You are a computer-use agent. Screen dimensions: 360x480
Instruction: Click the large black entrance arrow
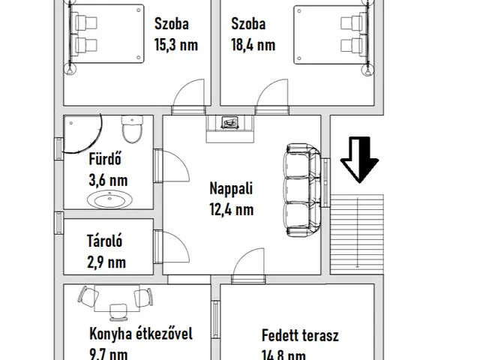(x=360, y=159)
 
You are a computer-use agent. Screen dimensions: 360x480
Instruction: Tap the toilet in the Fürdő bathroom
(x=132, y=130)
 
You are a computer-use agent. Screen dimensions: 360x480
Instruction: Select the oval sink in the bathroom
(x=111, y=199)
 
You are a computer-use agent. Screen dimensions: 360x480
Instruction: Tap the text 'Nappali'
(x=230, y=190)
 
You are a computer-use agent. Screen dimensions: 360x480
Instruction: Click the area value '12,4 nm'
(x=230, y=210)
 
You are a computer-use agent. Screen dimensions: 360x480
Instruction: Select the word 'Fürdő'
(x=104, y=160)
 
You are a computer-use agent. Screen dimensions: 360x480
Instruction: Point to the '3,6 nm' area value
(x=107, y=180)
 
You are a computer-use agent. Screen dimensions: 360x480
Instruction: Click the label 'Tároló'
(x=105, y=241)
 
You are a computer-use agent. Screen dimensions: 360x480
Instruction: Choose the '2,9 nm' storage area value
(x=106, y=262)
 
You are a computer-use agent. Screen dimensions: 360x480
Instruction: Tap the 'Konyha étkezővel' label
(x=140, y=334)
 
